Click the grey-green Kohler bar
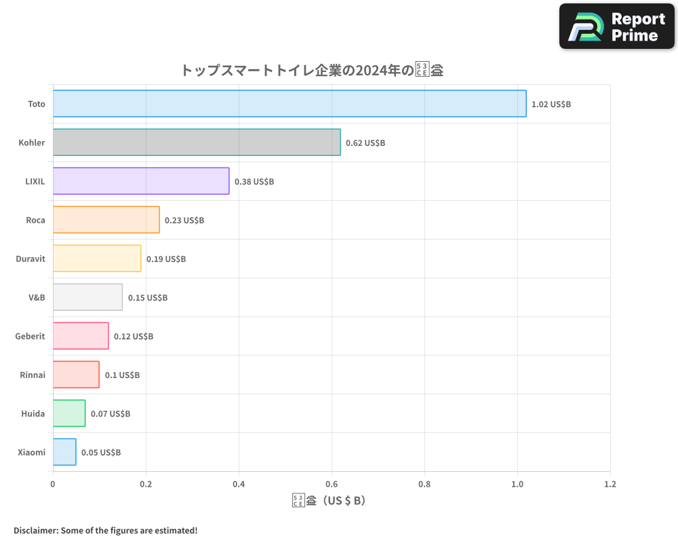(x=197, y=143)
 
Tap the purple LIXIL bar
(x=141, y=181)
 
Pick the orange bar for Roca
(x=106, y=220)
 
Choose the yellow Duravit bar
(x=97, y=259)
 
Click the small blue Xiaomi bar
(x=64, y=452)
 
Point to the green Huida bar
(x=69, y=413)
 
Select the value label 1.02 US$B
(x=551, y=105)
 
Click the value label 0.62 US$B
(x=365, y=143)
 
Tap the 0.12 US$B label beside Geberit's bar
(x=134, y=337)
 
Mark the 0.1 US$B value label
(x=122, y=375)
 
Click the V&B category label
(x=37, y=297)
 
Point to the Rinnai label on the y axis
(x=33, y=375)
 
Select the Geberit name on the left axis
(x=31, y=336)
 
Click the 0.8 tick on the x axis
(x=424, y=485)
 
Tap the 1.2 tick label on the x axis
(x=610, y=485)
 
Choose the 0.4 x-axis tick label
(x=239, y=485)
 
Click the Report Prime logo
(x=617, y=26)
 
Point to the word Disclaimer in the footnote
(x=35, y=530)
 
